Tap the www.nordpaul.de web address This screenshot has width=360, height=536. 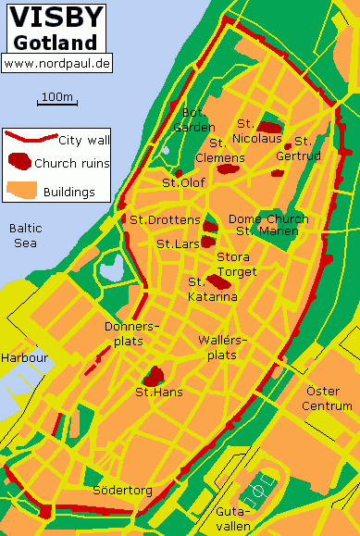tap(56, 63)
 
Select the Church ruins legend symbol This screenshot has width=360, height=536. tap(19, 163)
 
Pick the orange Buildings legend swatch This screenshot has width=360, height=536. tap(19, 191)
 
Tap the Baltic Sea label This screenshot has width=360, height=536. tap(25, 235)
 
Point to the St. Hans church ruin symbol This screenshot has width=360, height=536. tap(153, 376)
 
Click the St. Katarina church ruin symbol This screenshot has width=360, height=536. tap(217, 280)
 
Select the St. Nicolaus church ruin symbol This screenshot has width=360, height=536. tap(268, 128)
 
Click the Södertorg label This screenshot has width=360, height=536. tap(122, 490)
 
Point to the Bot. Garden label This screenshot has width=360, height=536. tap(197, 120)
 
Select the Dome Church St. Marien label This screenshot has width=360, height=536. tap(267, 225)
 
